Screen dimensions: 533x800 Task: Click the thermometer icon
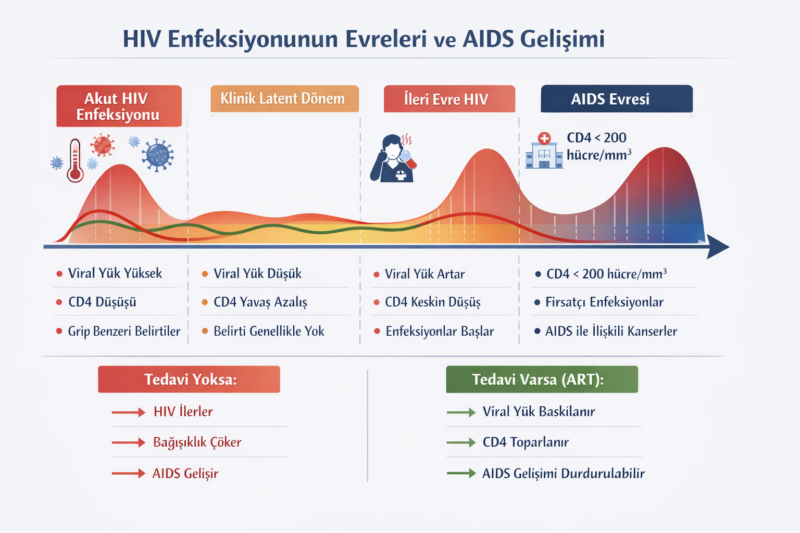pos(75,160)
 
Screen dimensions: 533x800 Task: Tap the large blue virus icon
pos(158,155)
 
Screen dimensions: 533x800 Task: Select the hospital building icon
pos(544,151)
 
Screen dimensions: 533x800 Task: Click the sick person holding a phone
pos(394,159)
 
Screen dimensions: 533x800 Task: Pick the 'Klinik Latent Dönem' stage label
pos(284,99)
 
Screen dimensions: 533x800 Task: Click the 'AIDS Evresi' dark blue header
pos(617,99)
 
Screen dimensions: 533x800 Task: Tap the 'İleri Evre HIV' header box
pos(449,99)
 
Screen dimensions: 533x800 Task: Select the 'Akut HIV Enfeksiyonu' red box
pos(119,106)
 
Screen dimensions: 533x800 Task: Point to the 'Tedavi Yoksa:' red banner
pos(189,379)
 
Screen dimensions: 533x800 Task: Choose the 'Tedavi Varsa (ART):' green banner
pos(542,379)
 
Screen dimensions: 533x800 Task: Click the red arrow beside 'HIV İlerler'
pos(128,412)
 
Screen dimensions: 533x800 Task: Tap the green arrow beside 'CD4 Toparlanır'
pos(461,442)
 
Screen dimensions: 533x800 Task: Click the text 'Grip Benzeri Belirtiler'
pos(124,331)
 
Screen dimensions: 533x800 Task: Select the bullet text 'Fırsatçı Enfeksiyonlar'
pos(604,302)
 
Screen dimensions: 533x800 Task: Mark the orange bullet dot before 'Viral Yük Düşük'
pos(205,274)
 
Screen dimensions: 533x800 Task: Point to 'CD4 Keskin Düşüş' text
pos(432,302)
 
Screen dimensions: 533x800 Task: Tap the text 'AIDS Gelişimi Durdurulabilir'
pos(563,473)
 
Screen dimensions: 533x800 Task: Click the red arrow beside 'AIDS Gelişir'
pos(128,473)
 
